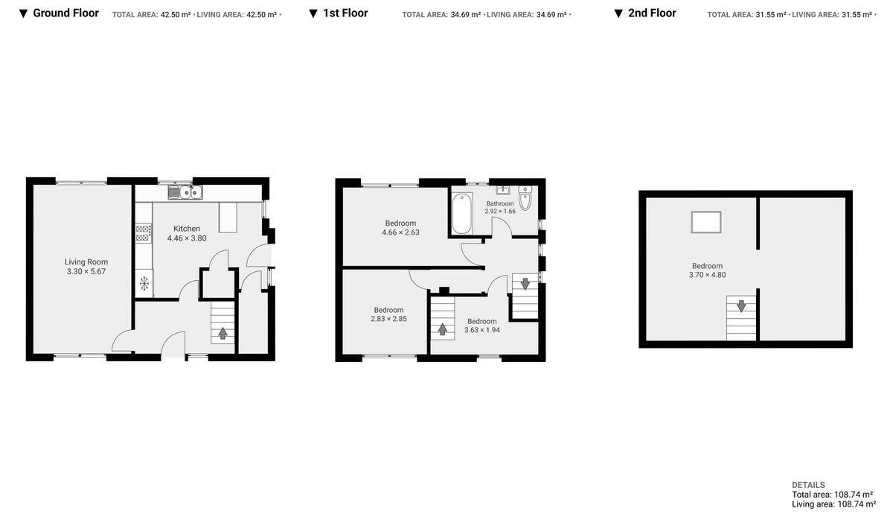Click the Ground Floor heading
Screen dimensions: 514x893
tap(65, 13)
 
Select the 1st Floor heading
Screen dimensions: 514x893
tap(345, 13)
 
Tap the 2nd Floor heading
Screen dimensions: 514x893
tap(652, 13)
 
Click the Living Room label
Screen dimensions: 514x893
tap(86, 261)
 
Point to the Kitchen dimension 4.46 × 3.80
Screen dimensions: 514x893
tap(187, 238)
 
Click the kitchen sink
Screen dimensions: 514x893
tap(185, 193)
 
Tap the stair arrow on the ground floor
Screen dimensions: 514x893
tap(223, 332)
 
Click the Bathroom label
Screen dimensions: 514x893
tap(500, 203)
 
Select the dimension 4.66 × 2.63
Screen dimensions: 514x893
tap(400, 232)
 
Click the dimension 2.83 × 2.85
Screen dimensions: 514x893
tap(388, 319)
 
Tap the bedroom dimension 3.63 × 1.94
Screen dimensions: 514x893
tap(482, 330)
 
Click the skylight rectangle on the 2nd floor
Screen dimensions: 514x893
tap(706, 222)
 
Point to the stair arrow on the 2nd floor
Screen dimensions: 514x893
tap(740, 306)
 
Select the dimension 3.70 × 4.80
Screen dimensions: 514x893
tap(707, 275)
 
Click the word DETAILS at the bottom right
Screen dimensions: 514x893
tap(808, 485)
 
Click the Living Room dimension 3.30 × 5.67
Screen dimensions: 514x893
tap(86, 271)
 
